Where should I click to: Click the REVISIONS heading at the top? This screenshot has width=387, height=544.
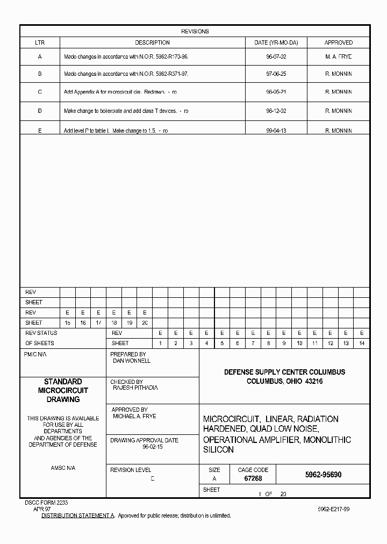pos(195,31)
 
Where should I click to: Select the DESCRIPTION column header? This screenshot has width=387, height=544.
pos(152,42)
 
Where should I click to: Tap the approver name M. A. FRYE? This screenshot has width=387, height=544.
pos(338,56)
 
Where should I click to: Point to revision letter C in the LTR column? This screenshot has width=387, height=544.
pos(40,92)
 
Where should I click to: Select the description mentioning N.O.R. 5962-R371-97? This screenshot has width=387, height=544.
pos(126,74)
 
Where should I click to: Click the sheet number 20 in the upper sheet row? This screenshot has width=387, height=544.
pos(145,323)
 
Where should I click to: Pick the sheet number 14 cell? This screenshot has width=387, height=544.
pos(362,343)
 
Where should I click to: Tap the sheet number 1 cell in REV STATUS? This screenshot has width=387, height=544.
pos(160,343)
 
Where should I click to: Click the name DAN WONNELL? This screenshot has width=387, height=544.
pos(132,361)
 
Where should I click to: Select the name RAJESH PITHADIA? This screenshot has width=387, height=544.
pos(135,388)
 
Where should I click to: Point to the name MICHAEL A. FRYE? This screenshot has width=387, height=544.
pos(134,417)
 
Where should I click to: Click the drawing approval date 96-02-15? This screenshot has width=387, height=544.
pos(153,447)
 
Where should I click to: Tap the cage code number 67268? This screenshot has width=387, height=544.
pos(253,478)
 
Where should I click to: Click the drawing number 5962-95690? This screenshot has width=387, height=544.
pos(323,475)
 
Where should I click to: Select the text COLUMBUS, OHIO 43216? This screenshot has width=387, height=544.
pos(284,381)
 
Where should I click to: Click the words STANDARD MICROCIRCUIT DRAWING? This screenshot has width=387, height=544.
pos(63,390)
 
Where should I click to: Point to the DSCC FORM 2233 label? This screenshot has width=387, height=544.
pos(46,502)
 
